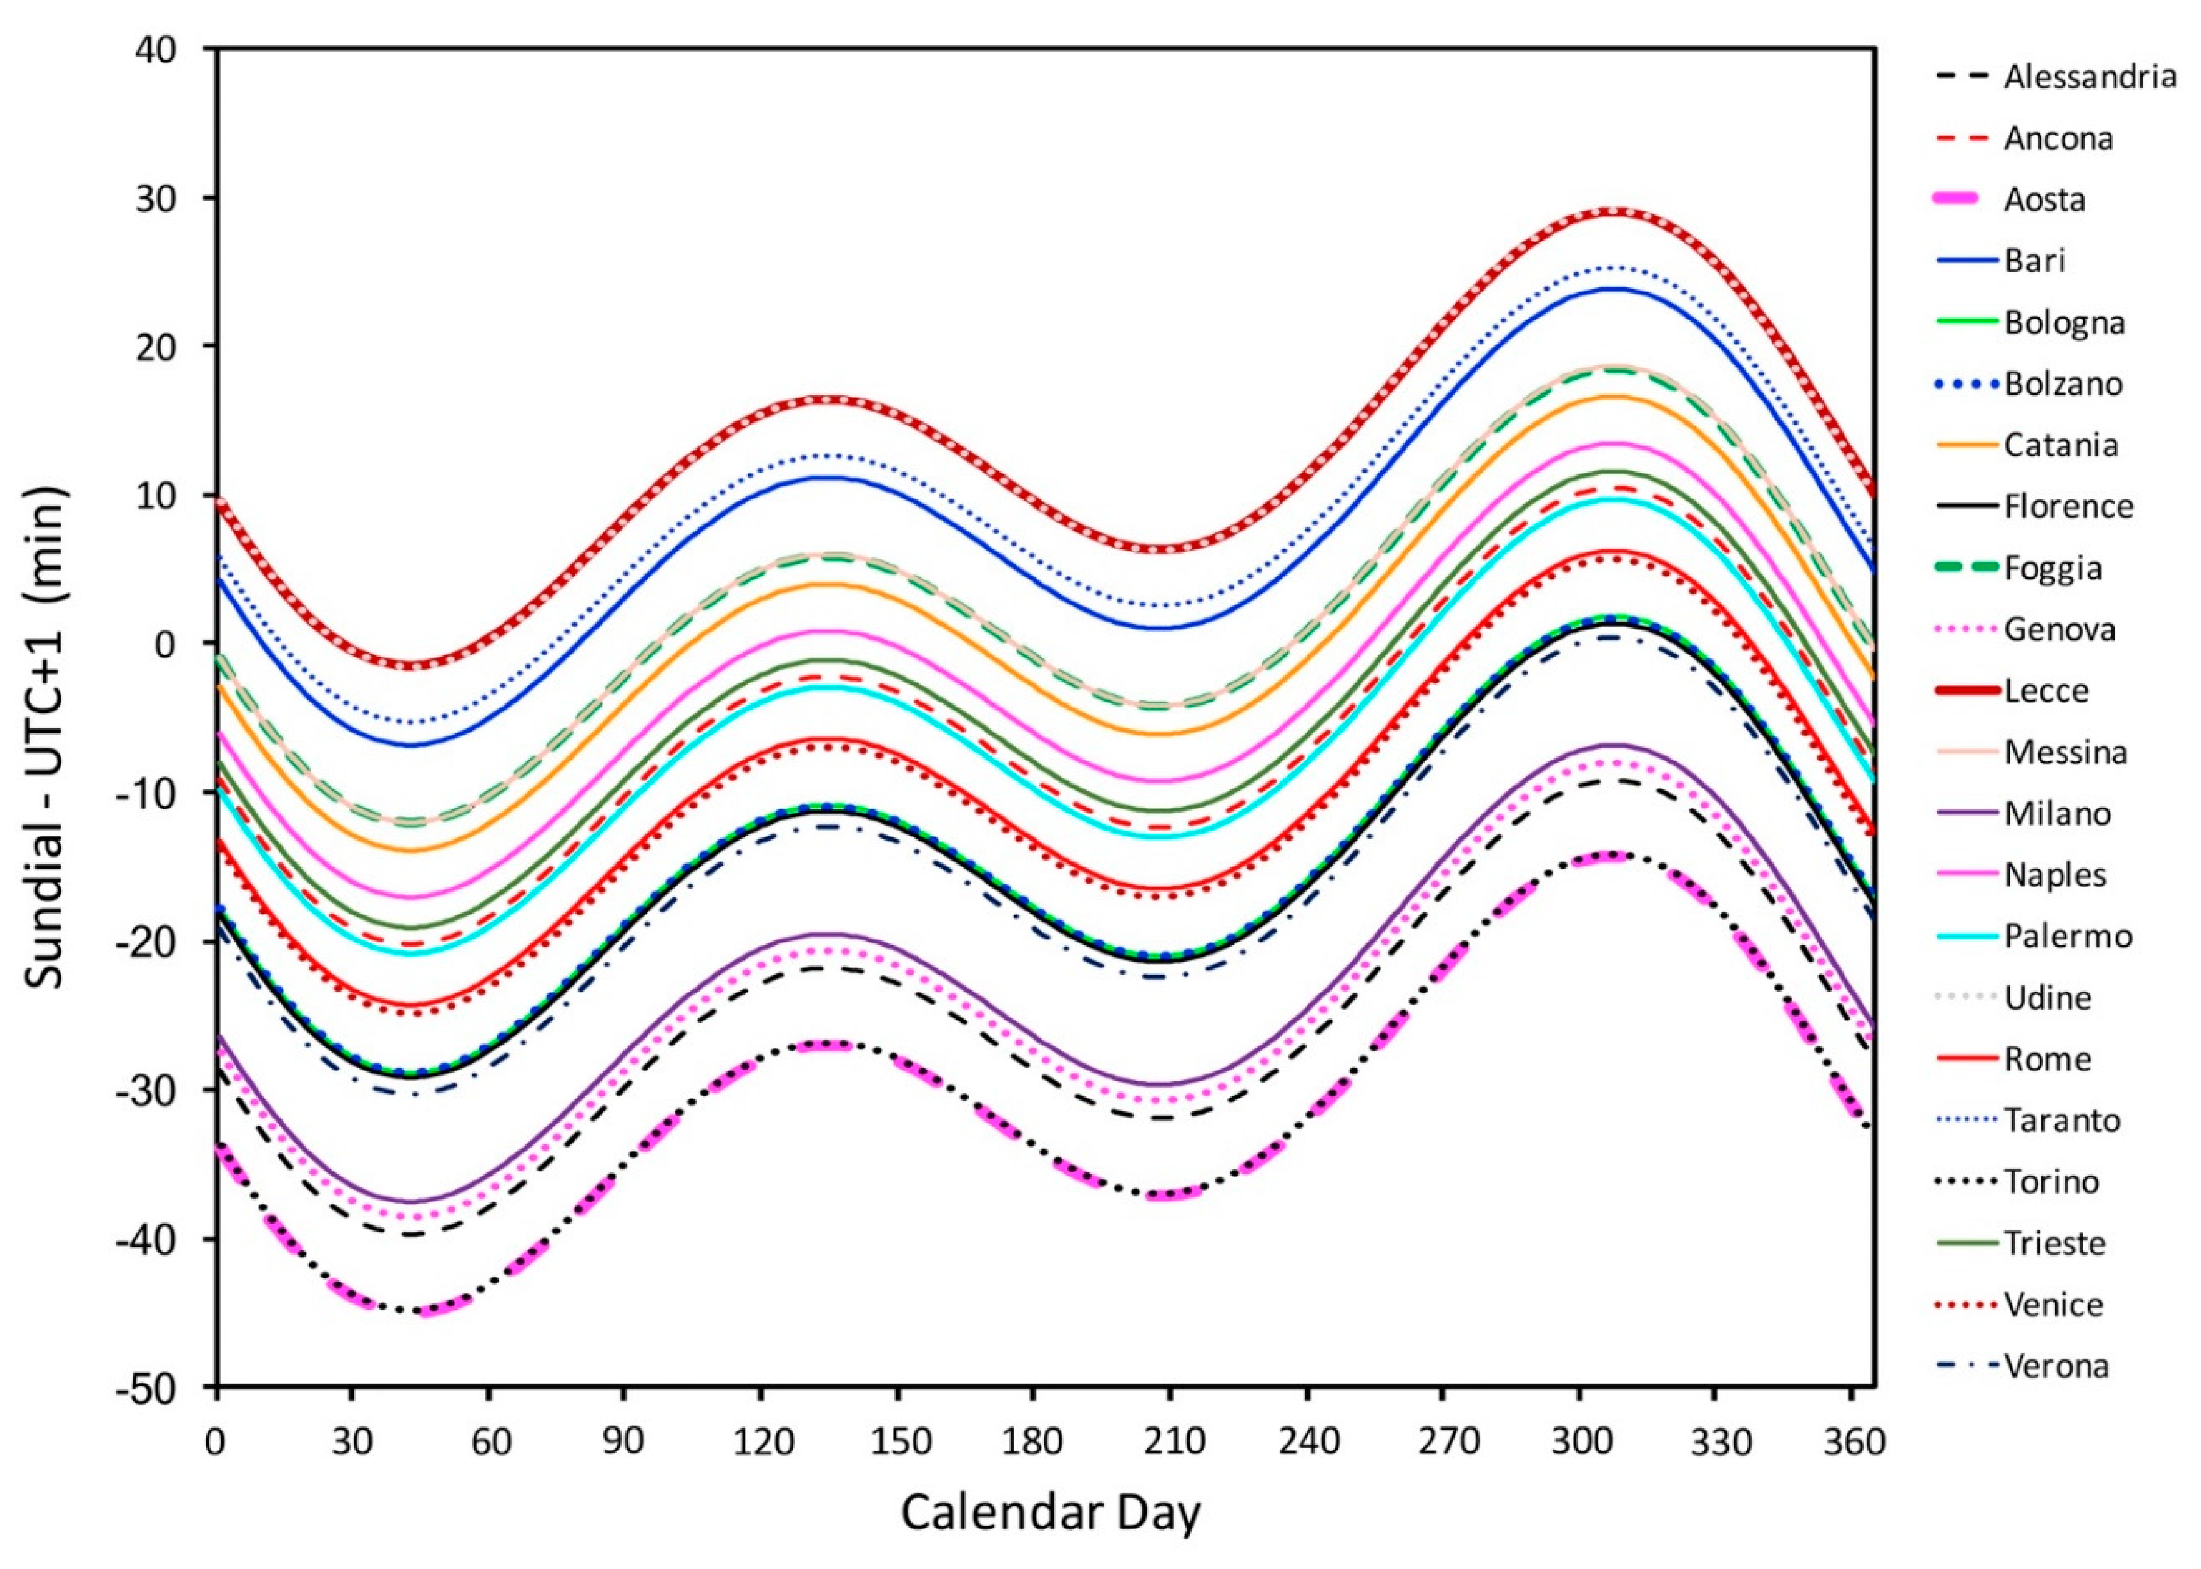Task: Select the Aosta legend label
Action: (x=2043, y=199)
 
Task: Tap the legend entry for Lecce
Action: (x=2046, y=690)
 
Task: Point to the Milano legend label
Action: (x=2057, y=813)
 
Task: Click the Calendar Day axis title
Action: (x=1051, y=1514)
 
